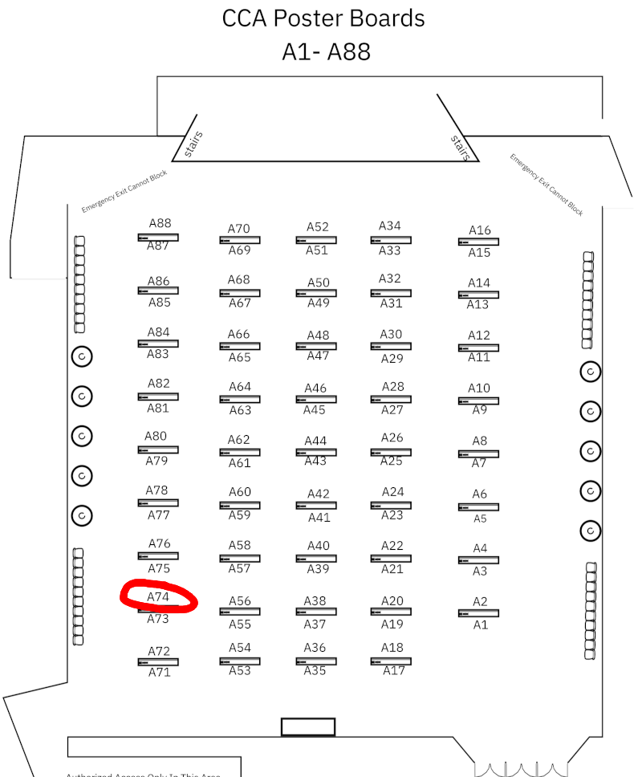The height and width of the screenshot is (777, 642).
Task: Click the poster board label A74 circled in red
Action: point(158,597)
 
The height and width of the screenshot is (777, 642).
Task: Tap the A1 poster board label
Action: point(480,624)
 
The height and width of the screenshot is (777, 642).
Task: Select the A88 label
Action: point(160,224)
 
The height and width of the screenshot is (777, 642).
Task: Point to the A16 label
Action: point(480,230)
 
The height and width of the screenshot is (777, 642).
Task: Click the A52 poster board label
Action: point(318,227)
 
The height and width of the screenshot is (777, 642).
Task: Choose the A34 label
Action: point(390,226)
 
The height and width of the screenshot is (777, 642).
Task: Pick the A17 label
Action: point(394,671)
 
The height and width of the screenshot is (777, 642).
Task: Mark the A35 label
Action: point(315,671)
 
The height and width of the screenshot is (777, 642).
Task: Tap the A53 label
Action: point(240,671)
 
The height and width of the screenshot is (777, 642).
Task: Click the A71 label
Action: point(160,673)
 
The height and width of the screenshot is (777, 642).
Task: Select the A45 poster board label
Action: point(315,410)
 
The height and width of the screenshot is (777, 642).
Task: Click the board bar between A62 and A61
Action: point(239,452)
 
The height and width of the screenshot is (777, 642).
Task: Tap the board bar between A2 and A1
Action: point(478,613)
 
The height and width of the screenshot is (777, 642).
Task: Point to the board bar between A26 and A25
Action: point(391,451)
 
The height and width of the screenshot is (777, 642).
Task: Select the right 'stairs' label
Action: point(460,147)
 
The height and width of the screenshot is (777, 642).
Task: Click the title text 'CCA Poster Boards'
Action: point(323,18)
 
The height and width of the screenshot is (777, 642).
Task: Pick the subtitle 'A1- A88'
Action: point(326,51)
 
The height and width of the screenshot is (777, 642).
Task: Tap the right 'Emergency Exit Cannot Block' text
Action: point(547,184)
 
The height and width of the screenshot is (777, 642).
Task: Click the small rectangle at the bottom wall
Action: point(307,727)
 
